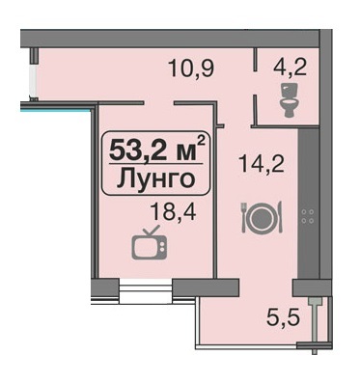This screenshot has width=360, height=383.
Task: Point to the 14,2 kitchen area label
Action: click(255, 166)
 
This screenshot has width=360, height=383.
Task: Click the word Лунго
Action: click(151, 179)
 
